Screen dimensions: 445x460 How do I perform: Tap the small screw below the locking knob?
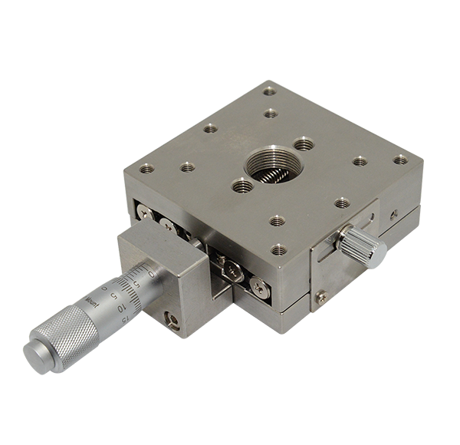[x=323, y=298]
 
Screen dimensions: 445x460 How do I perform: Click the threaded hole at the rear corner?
[x=269, y=91]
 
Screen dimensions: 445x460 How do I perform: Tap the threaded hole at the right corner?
[x=399, y=160]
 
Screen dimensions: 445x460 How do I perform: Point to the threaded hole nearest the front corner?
[x=279, y=249]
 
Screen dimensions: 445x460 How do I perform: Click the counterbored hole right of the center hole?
[x=304, y=143]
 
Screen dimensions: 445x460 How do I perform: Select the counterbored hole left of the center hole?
[x=242, y=184]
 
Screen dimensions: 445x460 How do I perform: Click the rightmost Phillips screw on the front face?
[x=258, y=287]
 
